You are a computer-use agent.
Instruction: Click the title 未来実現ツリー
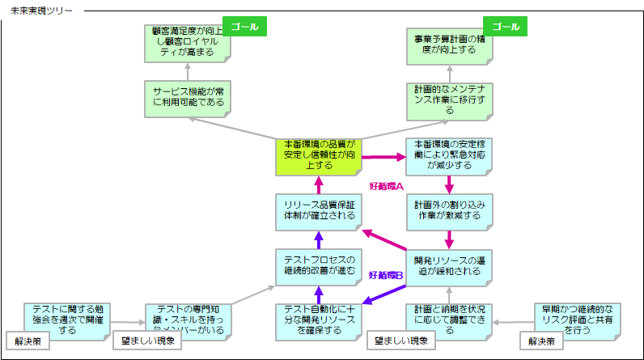pos(40,11)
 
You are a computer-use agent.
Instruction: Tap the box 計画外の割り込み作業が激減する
pos(450,210)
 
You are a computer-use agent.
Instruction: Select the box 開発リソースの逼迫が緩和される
pos(450,265)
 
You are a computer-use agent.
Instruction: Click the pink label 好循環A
pos(385,185)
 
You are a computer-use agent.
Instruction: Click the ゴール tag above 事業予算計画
pos(505,27)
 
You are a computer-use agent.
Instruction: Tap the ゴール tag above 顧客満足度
pos(244,27)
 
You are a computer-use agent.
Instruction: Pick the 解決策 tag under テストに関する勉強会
pos(30,341)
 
